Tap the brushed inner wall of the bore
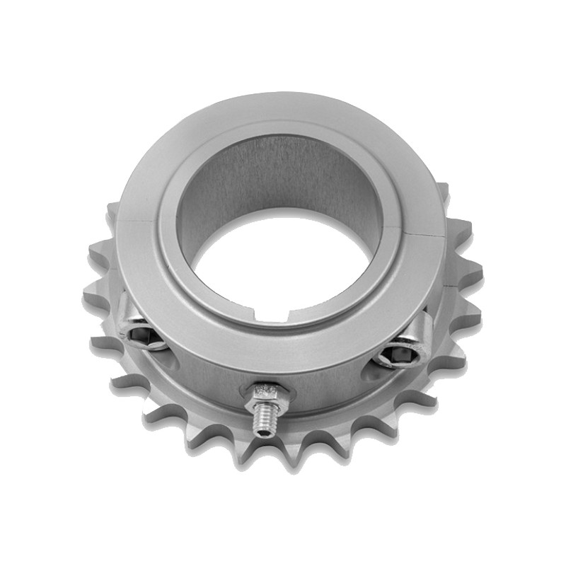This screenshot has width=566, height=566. [x=283, y=177]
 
